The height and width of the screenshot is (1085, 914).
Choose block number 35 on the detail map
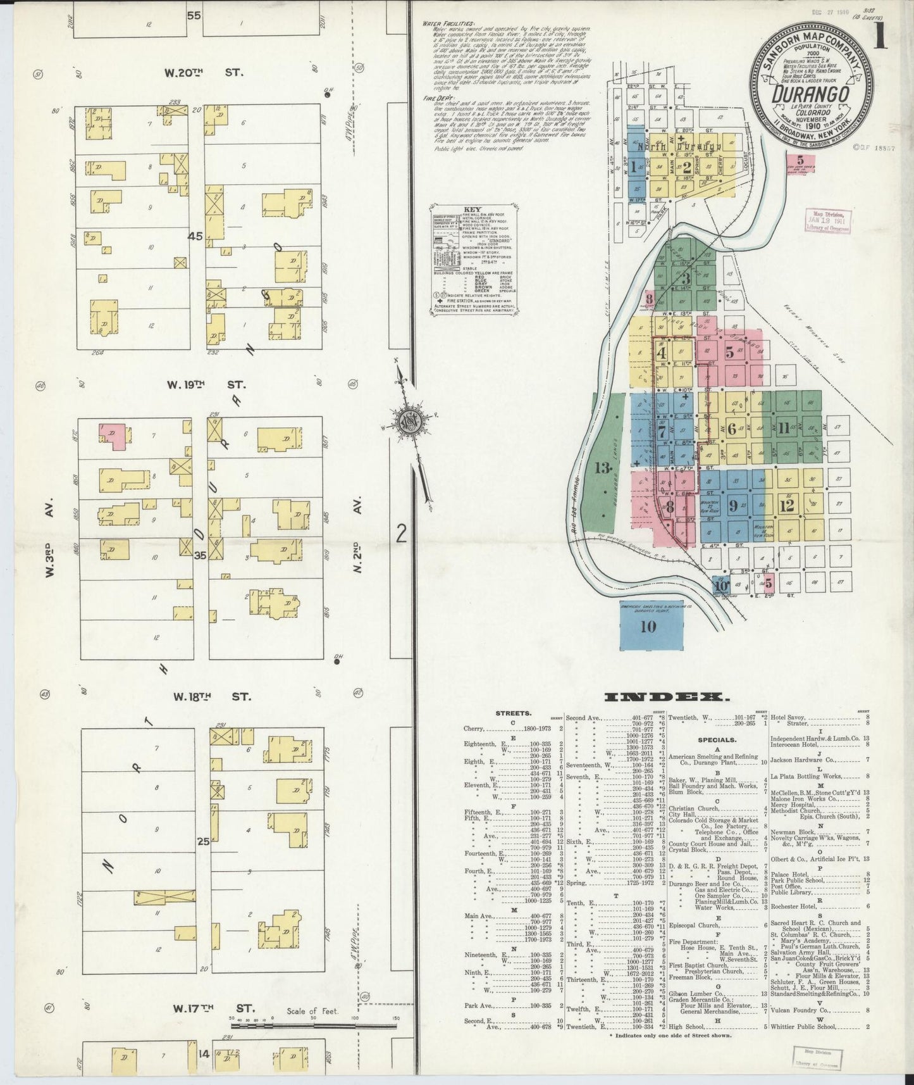tap(201, 555)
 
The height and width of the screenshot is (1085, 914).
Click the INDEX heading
tap(664, 697)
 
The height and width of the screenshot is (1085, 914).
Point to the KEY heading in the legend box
tap(472, 209)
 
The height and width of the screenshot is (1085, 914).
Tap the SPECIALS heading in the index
tap(716, 739)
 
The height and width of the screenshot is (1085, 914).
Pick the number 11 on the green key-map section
tap(784, 429)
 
